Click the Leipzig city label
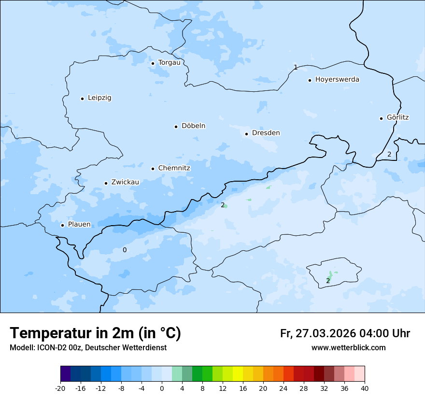99,98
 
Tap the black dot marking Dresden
247,134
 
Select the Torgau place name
169,63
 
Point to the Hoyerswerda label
337,80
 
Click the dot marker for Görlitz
382,118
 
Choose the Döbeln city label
193,126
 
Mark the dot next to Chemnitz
153,169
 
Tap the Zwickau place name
125,183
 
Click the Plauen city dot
63,225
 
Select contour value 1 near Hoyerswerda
296,67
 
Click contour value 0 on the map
125,250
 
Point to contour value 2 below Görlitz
389,155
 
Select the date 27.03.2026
325,333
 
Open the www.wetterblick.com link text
348,348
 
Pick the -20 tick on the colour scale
60,388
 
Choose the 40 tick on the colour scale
364,388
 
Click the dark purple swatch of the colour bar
65,374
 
